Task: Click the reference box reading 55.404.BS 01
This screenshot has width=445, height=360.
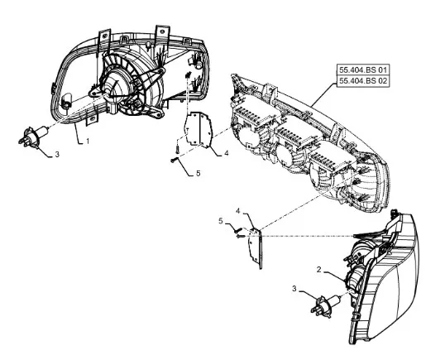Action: click(363, 70)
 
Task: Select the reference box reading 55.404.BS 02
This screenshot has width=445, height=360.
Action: click(363, 81)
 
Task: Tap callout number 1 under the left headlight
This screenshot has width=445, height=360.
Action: click(88, 141)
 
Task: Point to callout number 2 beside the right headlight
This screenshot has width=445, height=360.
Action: click(319, 270)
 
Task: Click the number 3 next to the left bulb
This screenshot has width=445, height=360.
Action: click(57, 155)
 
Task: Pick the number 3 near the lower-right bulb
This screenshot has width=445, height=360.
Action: click(294, 289)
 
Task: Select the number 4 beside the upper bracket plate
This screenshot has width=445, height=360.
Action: click(226, 153)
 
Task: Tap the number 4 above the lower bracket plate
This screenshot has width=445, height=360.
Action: click(238, 211)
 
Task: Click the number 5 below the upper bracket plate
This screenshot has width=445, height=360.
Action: click(198, 173)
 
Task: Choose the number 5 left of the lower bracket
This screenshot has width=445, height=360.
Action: click(221, 221)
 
